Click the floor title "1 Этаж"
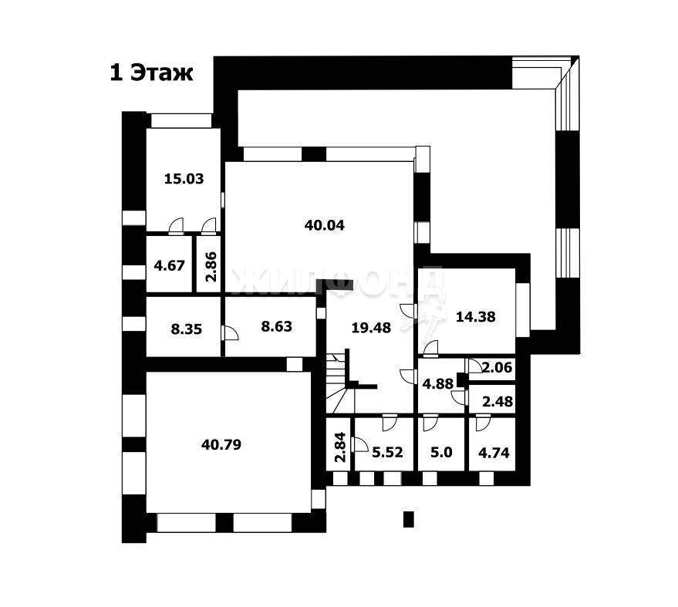click(151, 73)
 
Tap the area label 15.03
click(184, 179)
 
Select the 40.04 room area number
click(324, 225)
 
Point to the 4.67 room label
click(169, 265)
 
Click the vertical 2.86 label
click(211, 266)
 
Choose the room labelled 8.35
click(187, 329)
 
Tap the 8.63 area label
click(276, 326)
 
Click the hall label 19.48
click(371, 328)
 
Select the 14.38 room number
click(476, 316)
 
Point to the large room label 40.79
click(221, 444)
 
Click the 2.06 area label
click(497, 367)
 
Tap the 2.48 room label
click(498, 402)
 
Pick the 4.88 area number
click(437, 383)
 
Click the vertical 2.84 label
click(341, 447)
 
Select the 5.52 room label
click(387, 452)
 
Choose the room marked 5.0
click(441, 452)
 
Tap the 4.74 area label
click(494, 453)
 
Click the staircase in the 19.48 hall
click(340, 383)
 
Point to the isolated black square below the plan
click(409, 519)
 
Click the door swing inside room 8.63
click(230, 333)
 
